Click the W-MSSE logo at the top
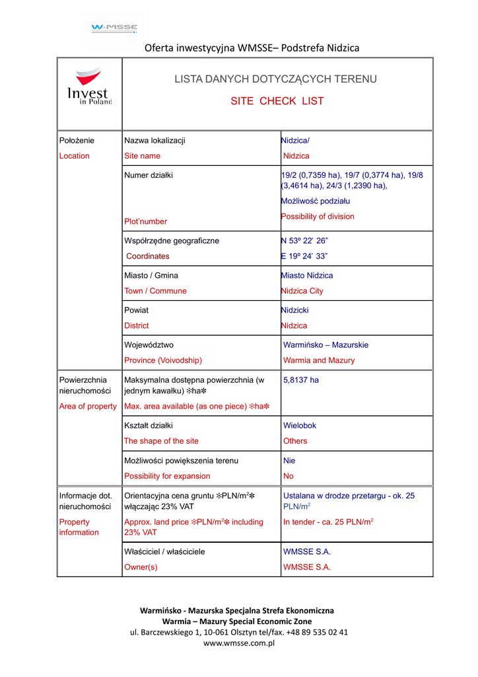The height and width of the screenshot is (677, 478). (114, 28)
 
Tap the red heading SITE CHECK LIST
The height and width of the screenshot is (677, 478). (277, 101)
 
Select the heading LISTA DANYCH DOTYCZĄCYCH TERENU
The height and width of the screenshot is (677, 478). (275, 79)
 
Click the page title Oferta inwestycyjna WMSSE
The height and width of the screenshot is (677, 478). (252, 48)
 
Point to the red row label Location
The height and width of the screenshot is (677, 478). (74, 156)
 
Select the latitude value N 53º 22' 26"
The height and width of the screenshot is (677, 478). (304, 241)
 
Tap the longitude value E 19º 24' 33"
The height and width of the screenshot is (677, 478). (304, 256)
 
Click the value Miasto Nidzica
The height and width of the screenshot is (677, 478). (307, 276)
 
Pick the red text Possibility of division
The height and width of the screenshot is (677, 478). (318, 217)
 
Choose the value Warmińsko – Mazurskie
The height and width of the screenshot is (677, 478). (325, 345)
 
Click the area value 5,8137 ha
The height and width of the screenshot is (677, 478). (301, 380)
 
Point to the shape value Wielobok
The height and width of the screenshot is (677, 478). (299, 426)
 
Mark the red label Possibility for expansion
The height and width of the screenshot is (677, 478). (167, 476)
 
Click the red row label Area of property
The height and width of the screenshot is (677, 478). (88, 406)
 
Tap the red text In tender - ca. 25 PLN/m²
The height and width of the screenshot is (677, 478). (328, 522)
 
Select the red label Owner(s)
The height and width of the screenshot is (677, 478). (141, 567)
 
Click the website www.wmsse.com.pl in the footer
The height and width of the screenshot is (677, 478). (238, 643)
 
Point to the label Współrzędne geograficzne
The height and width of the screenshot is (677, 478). (172, 241)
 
